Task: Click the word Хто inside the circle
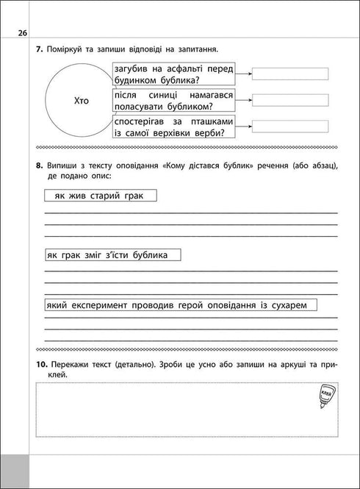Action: [81, 101]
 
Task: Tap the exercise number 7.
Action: [38, 49]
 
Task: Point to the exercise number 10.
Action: [41, 365]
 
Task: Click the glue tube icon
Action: [327, 397]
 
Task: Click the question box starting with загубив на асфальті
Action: [173, 74]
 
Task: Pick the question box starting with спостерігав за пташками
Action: [173, 126]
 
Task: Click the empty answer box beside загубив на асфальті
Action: [289, 73]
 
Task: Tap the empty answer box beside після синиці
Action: [289, 99]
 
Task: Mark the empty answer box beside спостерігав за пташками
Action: [289, 126]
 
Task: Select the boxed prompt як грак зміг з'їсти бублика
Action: [112, 254]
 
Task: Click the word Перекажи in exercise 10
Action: [74, 365]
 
